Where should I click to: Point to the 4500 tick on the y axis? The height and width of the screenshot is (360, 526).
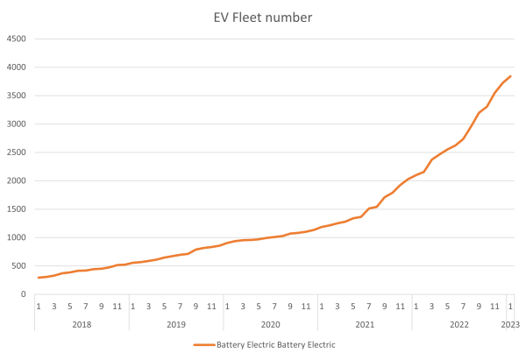point(17,39)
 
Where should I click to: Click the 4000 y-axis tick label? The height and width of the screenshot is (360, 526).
point(17,67)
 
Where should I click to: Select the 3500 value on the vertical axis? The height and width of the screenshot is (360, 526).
point(17,95)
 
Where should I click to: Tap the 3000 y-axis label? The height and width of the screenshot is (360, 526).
point(17,124)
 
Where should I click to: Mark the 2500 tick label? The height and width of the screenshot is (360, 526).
point(17,152)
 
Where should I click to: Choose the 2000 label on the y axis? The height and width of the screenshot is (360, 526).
point(17,180)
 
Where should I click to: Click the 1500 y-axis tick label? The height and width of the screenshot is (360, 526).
point(17,209)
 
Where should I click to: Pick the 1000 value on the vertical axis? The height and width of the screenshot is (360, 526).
point(17,237)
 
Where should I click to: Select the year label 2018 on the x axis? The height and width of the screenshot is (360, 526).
point(82,324)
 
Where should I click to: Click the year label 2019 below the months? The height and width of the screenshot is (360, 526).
point(175,324)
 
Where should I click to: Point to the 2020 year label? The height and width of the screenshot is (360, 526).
point(270,324)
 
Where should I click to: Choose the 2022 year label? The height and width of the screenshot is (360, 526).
point(459,324)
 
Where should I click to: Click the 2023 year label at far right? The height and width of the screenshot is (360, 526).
point(511,324)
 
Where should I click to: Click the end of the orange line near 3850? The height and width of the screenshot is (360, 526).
point(511,76)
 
